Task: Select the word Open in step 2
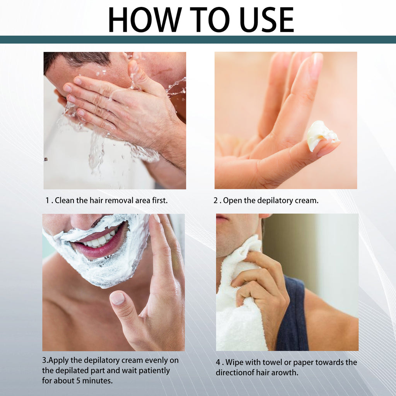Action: (232, 200)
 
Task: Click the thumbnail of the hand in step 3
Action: (118, 298)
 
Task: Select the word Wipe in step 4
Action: (235, 363)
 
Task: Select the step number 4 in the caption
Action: (218, 363)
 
